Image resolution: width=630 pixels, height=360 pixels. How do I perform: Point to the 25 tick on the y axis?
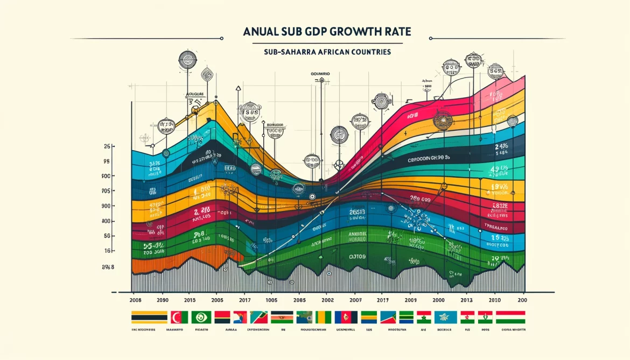(x=107, y=146)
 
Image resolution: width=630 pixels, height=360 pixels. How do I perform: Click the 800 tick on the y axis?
(x=106, y=221)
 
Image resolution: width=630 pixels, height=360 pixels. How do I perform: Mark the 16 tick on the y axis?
(x=107, y=251)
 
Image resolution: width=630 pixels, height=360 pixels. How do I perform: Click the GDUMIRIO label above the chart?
(x=320, y=73)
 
